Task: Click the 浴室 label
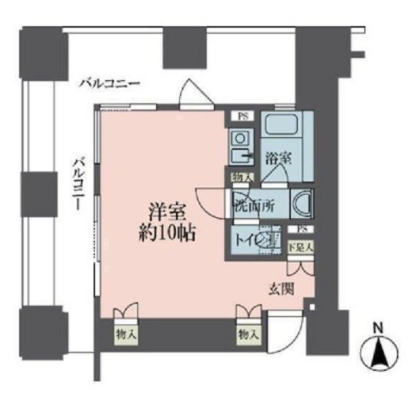click(278, 158)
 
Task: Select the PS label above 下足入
click(300, 231)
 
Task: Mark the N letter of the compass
click(378, 328)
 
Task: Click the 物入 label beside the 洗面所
click(240, 178)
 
